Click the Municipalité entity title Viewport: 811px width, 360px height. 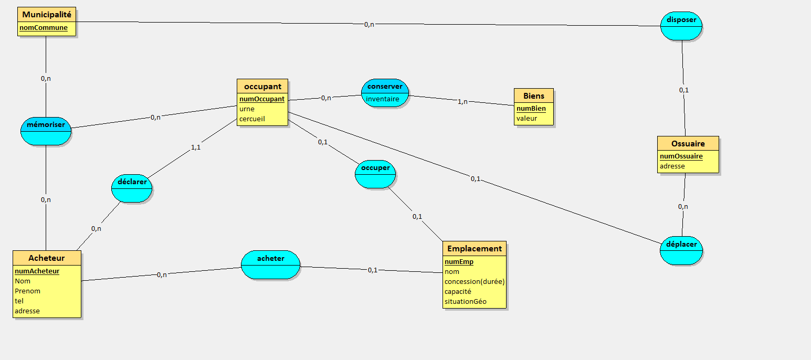(46, 15)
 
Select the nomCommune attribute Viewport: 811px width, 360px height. (44, 28)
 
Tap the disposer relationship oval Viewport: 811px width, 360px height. (681, 25)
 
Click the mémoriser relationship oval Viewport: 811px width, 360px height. (46, 131)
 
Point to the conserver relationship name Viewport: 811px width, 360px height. (385, 86)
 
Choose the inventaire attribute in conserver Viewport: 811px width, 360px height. (383, 99)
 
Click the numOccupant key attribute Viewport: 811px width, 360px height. (262, 99)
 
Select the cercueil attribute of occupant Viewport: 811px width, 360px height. (252, 119)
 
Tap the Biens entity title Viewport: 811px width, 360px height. (533, 96)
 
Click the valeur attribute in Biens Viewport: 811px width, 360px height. (526, 118)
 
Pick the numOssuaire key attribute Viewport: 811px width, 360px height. (681, 156)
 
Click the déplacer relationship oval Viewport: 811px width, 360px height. (681, 250)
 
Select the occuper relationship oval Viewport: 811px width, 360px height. (375, 174)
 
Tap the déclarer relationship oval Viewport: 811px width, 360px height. (132, 188)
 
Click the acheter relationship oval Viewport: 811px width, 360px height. (270, 264)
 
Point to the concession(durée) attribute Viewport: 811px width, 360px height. (474, 281)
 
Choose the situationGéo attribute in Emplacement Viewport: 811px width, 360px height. (465, 301)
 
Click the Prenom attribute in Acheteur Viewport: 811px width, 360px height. (27, 291)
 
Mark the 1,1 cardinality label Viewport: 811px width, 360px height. (195, 147)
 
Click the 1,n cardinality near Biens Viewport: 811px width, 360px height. (462, 101)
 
